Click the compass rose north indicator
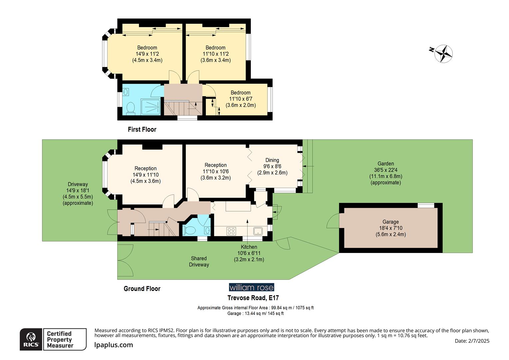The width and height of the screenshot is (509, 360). click(x=443, y=53)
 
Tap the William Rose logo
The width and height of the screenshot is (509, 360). click(x=251, y=287)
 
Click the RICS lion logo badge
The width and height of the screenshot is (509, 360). click(x=31, y=339)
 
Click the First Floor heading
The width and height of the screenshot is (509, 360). click(x=142, y=129)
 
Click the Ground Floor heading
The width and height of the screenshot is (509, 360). click(x=142, y=289)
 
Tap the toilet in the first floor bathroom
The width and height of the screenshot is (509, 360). click(x=130, y=108)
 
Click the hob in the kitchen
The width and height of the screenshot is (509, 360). click(x=231, y=231)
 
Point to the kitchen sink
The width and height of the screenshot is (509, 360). click(x=258, y=231)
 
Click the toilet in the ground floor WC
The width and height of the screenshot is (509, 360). click(x=191, y=230)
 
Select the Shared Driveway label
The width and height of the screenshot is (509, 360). click(x=199, y=261)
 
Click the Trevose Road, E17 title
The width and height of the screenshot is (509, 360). click(x=253, y=298)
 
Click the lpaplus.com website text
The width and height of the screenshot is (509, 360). click(x=114, y=345)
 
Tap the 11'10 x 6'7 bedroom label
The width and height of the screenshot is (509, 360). click(x=241, y=99)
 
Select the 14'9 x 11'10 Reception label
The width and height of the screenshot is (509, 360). click(x=145, y=175)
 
